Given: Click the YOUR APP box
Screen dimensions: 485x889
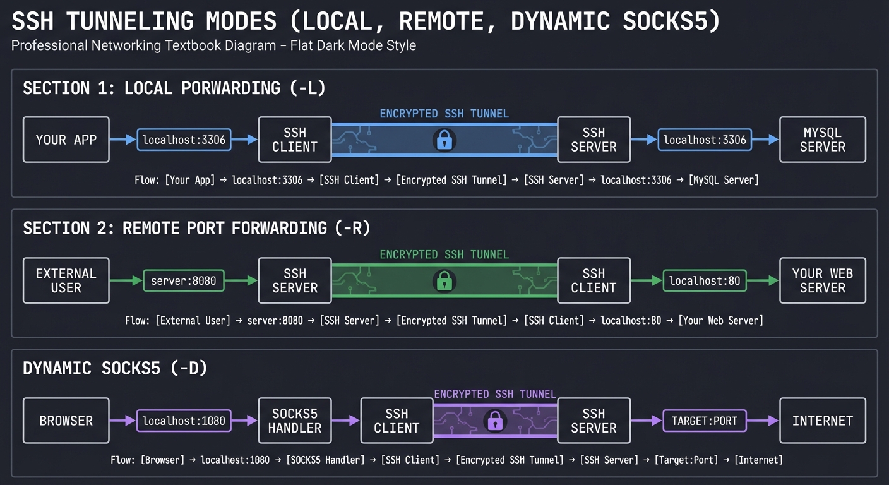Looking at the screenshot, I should coord(66,140).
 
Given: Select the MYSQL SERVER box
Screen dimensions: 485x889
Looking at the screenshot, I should coord(822,140).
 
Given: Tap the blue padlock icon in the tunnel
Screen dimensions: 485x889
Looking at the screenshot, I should coord(444,140).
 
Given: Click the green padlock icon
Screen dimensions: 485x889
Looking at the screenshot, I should coord(444,280).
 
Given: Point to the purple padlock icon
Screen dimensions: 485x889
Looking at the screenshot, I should coord(494,421).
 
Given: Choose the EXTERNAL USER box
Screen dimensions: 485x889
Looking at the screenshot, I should coord(66,280).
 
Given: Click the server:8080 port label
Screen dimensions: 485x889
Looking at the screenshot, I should coord(183,280).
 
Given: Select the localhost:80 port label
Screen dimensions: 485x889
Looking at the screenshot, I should coord(704,280).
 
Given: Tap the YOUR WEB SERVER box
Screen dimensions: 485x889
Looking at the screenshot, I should coord(822,280).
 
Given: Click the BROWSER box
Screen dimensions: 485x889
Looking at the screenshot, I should coord(66,421).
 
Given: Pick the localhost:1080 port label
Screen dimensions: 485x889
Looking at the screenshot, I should coord(183,421).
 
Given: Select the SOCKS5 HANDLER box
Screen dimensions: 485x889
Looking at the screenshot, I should coord(294,421).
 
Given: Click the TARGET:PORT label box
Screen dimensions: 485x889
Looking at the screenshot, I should coord(704,421).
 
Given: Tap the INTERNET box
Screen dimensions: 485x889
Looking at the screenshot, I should coord(822,421).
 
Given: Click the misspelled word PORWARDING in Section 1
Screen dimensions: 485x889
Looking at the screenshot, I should coord(230,88).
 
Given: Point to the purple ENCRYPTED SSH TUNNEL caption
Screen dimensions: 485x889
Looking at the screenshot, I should coord(494,394).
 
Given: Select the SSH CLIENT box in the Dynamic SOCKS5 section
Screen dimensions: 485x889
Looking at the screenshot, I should coord(397,421).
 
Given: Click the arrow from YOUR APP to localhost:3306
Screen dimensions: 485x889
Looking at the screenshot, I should coord(123,140).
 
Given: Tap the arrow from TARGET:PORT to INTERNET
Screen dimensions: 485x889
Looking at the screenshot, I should coord(763,421).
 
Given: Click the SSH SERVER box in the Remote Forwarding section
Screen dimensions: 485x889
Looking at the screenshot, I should coord(294,280).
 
